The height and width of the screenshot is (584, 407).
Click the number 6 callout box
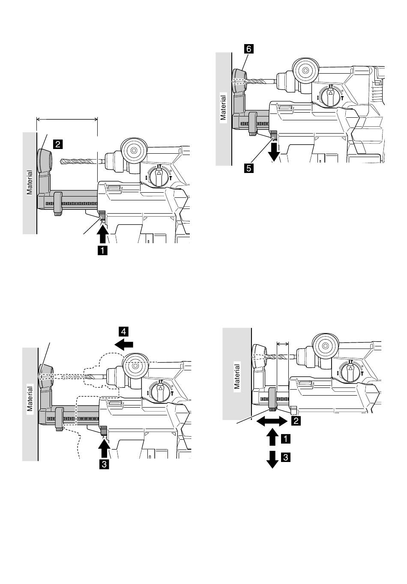(x=249, y=49)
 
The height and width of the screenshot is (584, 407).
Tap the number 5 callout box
(x=249, y=168)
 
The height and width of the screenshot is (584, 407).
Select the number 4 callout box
(x=124, y=331)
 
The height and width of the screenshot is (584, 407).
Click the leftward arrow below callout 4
(x=124, y=345)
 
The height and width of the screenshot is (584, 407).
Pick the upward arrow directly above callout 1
(x=102, y=235)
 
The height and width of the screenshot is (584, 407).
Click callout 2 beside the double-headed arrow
(x=296, y=420)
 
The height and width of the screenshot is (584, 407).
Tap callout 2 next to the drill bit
(x=58, y=144)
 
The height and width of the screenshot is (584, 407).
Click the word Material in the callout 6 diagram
(x=223, y=107)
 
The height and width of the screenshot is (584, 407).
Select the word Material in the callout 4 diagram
(x=30, y=399)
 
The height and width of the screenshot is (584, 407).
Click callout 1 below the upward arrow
(x=102, y=251)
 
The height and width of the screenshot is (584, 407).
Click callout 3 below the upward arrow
(x=104, y=465)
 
